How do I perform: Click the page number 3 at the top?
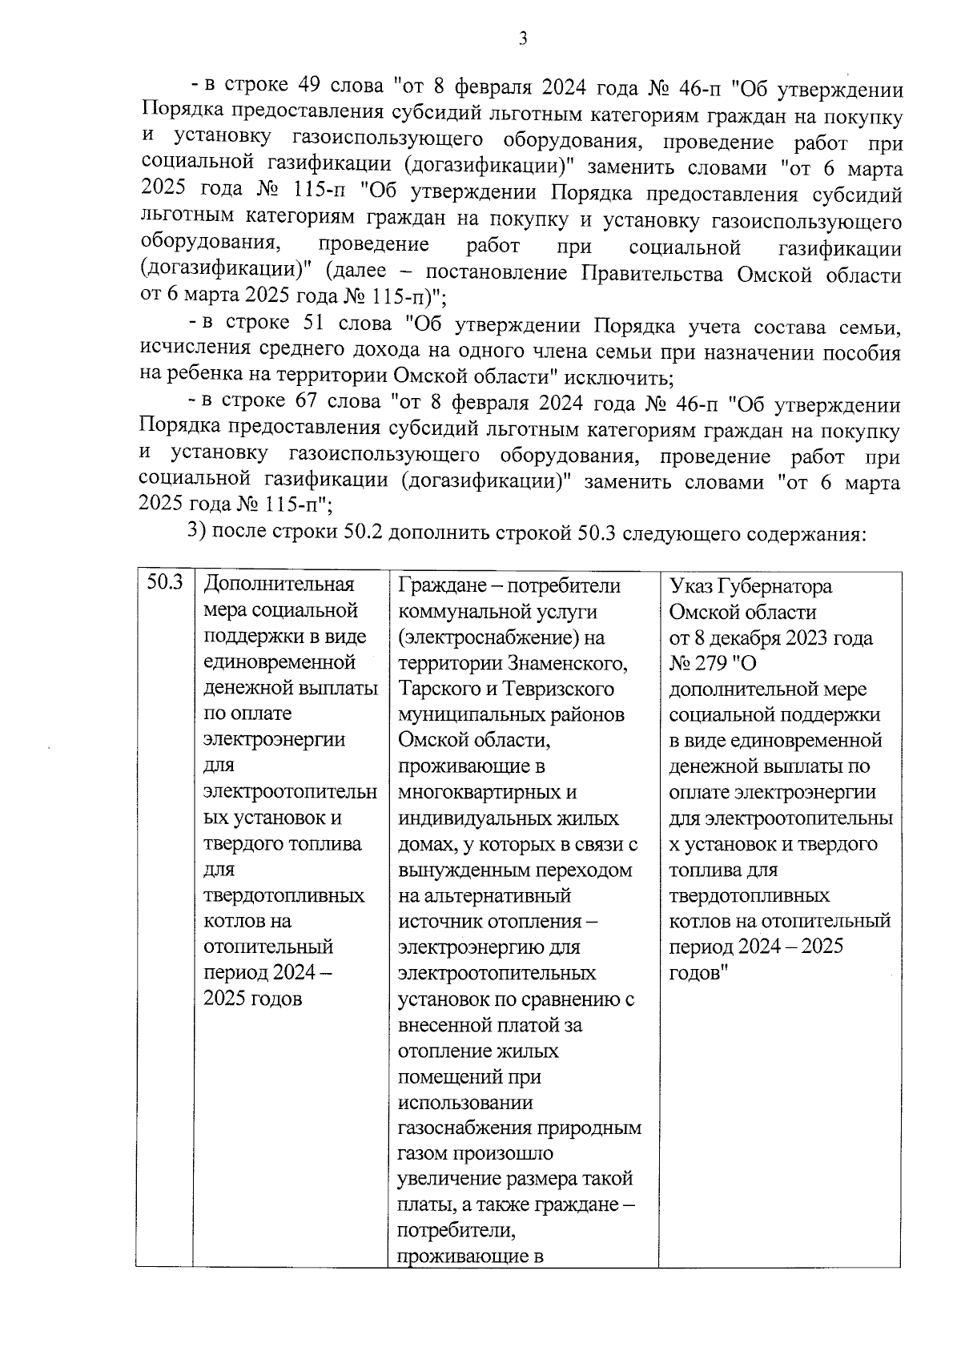522,38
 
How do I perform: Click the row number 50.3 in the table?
165,583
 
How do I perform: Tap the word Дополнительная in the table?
279,585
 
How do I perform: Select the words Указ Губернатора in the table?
750,586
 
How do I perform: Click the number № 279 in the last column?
704,664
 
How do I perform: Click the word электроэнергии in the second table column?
275,738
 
